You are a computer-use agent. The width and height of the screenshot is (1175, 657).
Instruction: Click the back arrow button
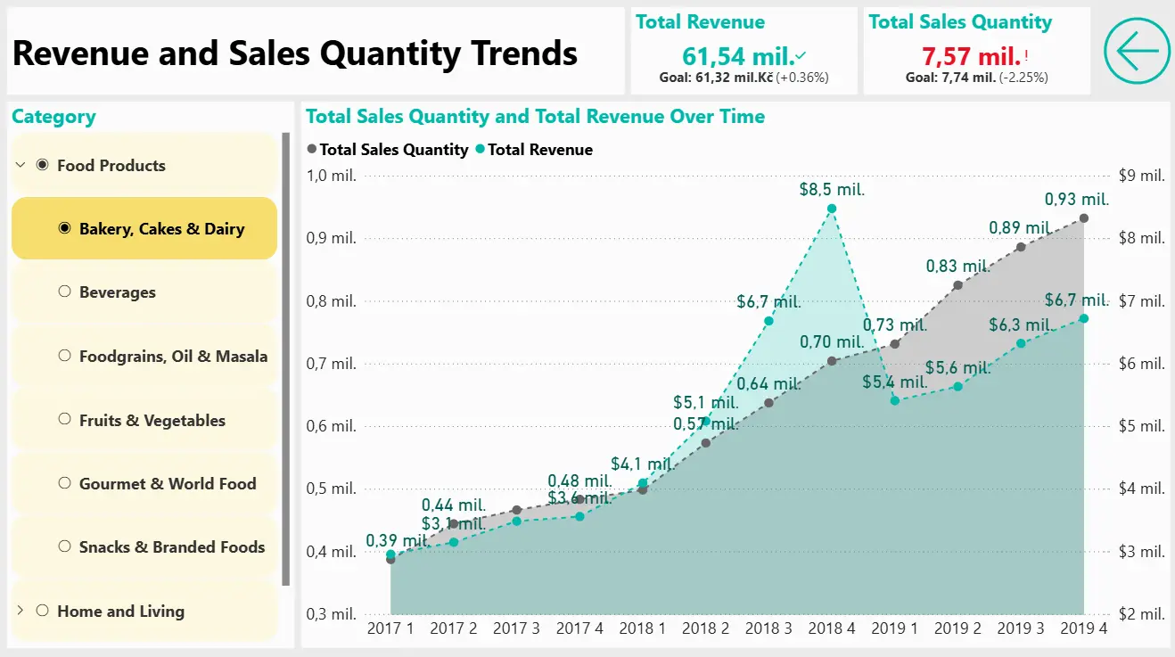coord(1137,51)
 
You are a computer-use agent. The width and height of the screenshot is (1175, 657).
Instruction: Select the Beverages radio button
coord(64,292)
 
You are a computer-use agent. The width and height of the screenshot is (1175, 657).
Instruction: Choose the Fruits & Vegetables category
coord(152,420)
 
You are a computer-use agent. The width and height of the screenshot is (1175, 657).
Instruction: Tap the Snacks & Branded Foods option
coord(171,546)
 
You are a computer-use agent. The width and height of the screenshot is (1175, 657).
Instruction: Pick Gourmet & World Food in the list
coord(167,483)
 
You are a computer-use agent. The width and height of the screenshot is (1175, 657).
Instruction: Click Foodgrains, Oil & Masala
coord(173,356)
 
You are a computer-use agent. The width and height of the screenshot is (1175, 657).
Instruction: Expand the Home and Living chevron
coord(21,611)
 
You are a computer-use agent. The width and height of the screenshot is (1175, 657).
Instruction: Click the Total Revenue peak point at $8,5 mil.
coord(832,209)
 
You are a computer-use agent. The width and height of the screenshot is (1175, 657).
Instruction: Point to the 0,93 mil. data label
coord(1076,199)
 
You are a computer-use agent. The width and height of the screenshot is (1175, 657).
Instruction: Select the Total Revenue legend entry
coord(535,150)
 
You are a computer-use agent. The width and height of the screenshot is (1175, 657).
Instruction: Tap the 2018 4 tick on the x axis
coord(832,628)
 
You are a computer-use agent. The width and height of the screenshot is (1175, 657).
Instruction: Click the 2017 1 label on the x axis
coord(390,628)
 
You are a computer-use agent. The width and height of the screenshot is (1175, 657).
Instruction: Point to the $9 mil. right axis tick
coord(1140,176)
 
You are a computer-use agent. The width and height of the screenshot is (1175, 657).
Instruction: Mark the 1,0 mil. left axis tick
coord(331,176)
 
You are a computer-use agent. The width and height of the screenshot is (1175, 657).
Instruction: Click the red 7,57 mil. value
coord(971,57)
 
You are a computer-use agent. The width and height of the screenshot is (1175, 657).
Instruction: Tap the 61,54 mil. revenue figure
coord(737,57)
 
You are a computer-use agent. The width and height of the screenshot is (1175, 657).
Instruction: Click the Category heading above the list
coord(53,117)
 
